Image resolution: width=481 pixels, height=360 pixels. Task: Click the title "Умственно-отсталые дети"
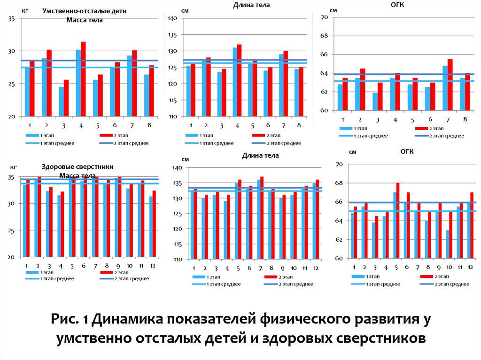[x=84, y=11]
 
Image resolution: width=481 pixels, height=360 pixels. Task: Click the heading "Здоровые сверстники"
[x=78, y=167]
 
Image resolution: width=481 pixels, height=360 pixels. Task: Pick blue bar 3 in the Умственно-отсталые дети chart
[x=61, y=101]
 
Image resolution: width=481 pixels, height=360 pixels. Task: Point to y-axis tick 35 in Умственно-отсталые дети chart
[x=12, y=19]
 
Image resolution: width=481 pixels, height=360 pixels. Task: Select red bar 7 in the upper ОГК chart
[x=450, y=85]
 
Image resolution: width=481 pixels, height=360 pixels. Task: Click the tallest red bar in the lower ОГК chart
[x=397, y=221]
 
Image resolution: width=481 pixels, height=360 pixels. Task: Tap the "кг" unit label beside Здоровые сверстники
[x=13, y=167]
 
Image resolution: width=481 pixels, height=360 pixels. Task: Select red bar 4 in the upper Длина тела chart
[x=239, y=80]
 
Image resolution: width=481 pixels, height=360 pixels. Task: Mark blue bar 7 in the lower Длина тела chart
[x=258, y=220]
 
